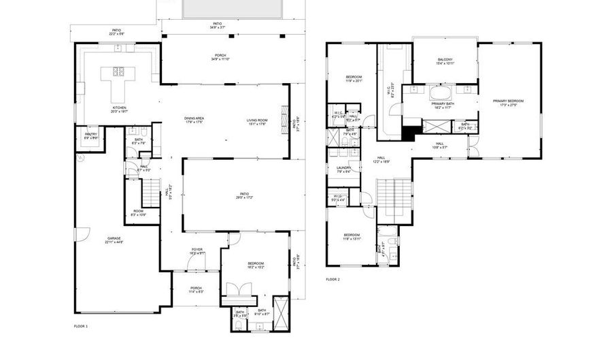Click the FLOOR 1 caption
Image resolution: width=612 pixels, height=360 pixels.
pos(81,326)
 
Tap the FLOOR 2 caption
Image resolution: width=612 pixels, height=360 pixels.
pos(332,280)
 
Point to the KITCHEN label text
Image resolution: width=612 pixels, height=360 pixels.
pos(120,108)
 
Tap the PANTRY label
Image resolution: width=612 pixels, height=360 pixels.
pos(90,135)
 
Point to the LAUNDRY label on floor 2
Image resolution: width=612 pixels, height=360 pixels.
pos(343,168)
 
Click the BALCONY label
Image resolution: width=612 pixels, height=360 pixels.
pos(445,60)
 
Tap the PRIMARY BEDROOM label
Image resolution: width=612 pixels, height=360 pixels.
pos(508,101)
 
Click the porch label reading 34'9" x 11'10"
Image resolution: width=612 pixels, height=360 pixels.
pos(220,56)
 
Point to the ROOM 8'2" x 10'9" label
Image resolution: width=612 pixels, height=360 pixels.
pos(138,213)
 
